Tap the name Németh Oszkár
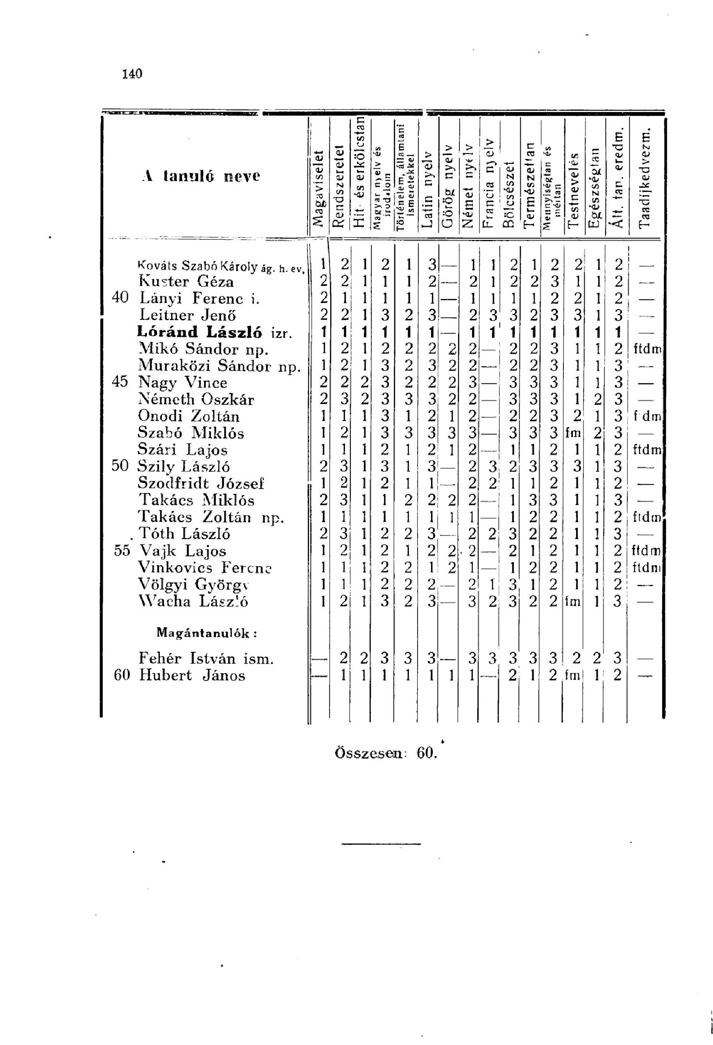pos(196,399)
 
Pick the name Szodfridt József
pos(201,483)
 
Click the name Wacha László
pos(194,601)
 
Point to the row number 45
pos(120,382)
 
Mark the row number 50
pos(120,466)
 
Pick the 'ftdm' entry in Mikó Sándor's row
pos(647,349)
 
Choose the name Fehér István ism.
pos(207,659)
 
